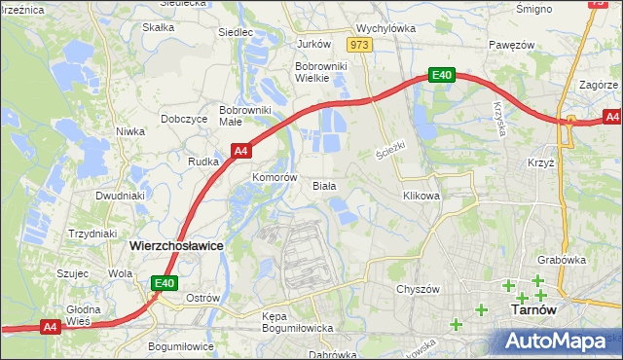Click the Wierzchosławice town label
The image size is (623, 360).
[x=175, y=247]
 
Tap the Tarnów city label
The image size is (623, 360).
[x=533, y=311]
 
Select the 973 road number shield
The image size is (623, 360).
[x=360, y=45]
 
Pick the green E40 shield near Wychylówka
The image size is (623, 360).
[x=441, y=74]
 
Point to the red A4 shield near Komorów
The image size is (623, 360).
[x=241, y=151]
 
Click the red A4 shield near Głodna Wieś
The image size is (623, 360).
[x=51, y=328]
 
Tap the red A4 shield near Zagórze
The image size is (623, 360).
[x=610, y=118]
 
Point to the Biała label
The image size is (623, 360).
[x=323, y=185]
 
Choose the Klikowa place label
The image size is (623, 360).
[x=421, y=196]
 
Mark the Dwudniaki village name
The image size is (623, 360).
[x=120, y=195]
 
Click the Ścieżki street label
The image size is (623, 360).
[x=389, y=152]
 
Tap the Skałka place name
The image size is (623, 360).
[x=158, y=27]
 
